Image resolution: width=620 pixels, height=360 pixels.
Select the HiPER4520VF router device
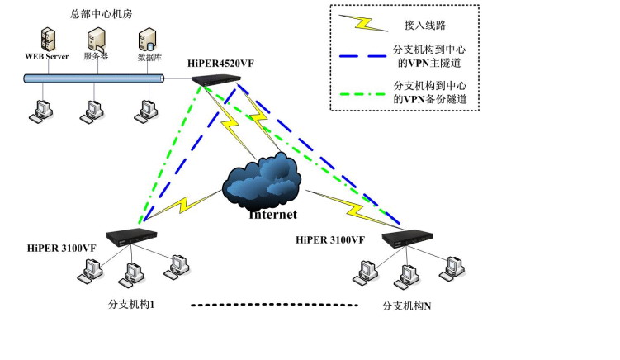click(217, 80)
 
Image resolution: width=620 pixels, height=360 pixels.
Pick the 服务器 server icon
click(96, 38)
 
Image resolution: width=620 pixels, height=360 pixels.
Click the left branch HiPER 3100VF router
click(132, 234)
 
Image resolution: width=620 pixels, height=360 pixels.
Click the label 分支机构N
click(407, 306)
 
